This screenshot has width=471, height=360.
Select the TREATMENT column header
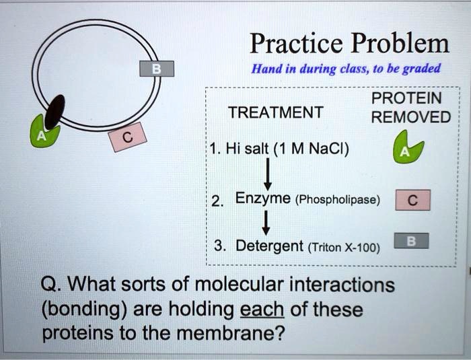click(275, 112)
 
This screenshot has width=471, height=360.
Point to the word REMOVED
click(411, 117)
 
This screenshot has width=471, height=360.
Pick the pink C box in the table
click(412, 200)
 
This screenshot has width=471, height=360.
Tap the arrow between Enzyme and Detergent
click(267, 220)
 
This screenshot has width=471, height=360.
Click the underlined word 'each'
click(262, 310)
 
